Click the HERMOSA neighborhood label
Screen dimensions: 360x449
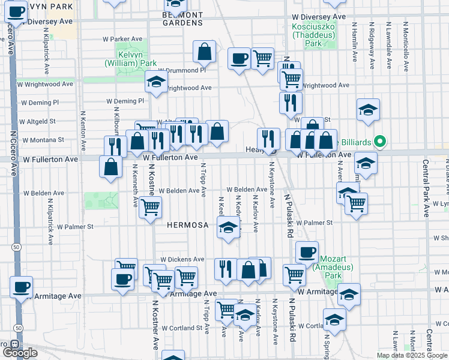tap(187, 226)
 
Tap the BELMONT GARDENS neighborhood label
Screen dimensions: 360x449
tap(183, 18)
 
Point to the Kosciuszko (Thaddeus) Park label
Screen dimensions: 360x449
tap(312, 31)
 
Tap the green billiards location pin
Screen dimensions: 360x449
tap(379, 142)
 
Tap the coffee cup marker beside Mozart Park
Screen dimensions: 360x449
tap(307, 253)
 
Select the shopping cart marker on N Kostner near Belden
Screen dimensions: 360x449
tap(150, 208)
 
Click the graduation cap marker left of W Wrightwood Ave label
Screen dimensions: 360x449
tap(156, 82)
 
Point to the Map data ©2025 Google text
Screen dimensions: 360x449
tap(411, 355)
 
